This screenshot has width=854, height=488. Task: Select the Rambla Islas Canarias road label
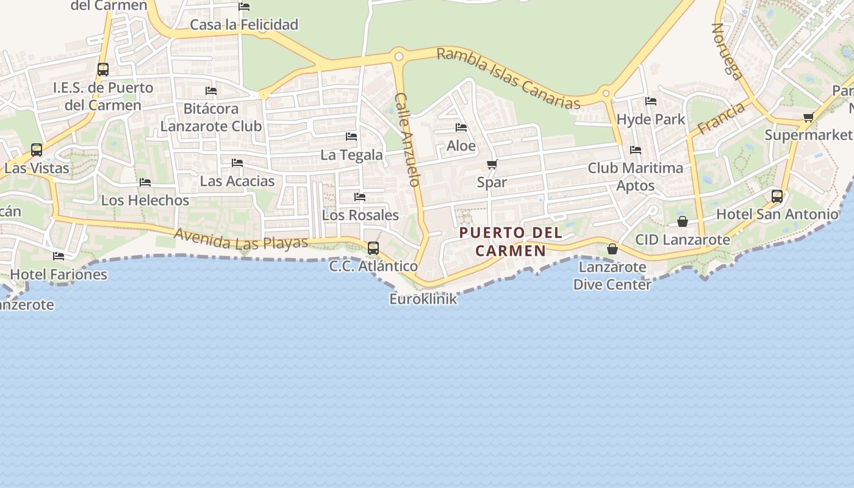[509, 79]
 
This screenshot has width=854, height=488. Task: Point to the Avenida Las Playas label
[241, 239]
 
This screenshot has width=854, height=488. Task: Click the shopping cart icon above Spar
[492, 164]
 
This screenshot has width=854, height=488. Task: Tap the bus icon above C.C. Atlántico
[373, 248]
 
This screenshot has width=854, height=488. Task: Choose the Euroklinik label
[423, 299]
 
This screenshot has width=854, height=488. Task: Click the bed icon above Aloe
[461, 127]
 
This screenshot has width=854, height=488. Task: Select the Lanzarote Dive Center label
[612, 276]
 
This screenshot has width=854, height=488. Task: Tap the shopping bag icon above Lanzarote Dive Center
[612, 249]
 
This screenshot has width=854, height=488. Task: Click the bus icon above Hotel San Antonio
[777, 196]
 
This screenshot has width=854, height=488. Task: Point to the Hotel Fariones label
[59, 274]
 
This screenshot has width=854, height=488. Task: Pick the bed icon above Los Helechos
[145, 182]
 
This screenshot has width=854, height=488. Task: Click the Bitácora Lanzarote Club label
[211, 117]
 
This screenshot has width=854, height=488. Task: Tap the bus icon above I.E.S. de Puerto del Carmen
[103, 70]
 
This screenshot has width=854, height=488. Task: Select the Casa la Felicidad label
[244, 24]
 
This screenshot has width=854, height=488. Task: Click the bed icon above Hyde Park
[651, 101]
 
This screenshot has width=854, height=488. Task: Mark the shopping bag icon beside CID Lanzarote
[683, 221]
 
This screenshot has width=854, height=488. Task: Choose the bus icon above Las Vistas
[37, 149]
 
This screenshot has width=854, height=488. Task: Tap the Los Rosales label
[360, 215]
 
